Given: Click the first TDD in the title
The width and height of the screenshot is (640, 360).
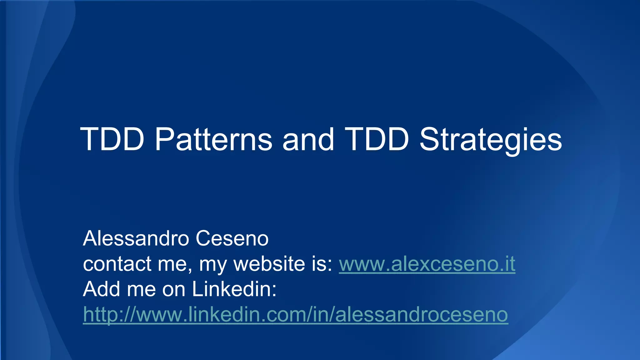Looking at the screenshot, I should (x=112, y=139).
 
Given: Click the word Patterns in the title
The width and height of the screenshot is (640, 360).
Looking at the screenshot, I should (x=213, y=139).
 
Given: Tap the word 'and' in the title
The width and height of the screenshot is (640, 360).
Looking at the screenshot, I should (x=308, y=139).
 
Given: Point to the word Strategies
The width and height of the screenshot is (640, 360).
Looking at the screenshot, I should (x=491, y=139).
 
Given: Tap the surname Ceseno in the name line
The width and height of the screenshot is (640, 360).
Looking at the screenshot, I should (x=232, y=238).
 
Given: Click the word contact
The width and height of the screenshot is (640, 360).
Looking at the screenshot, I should (x=117, y=264).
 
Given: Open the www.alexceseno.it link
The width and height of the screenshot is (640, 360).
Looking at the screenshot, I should (x=427, y=264).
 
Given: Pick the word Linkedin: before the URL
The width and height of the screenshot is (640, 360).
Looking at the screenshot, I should (x=234, y=289).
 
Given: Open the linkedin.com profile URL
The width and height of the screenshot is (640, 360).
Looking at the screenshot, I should (x=295, y=314).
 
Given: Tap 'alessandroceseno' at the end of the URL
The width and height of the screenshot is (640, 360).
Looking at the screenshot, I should (x=421, y=314).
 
